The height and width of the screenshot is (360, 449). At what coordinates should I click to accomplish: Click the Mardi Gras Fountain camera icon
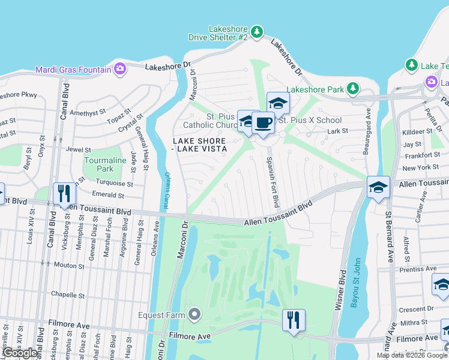[120, 69]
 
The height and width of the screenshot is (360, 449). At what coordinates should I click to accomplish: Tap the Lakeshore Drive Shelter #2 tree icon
[256, 31]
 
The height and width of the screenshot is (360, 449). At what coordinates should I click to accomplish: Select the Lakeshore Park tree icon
[354, 89]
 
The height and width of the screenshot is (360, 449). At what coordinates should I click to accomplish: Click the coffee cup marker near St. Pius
[264, 123]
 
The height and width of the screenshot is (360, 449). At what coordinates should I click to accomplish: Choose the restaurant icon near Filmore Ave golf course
[294, 319]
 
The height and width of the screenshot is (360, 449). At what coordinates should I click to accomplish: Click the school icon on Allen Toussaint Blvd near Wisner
[378, 187]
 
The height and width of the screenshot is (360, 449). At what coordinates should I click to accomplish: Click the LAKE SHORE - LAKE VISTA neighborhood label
[200, 145]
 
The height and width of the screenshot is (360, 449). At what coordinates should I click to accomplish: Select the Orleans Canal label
[167, 191]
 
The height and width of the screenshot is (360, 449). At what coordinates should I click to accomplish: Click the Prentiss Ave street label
[417, 269]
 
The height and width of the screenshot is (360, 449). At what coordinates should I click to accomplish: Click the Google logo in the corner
[21, 353]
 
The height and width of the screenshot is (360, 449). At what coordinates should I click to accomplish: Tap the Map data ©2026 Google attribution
[412, 355]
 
